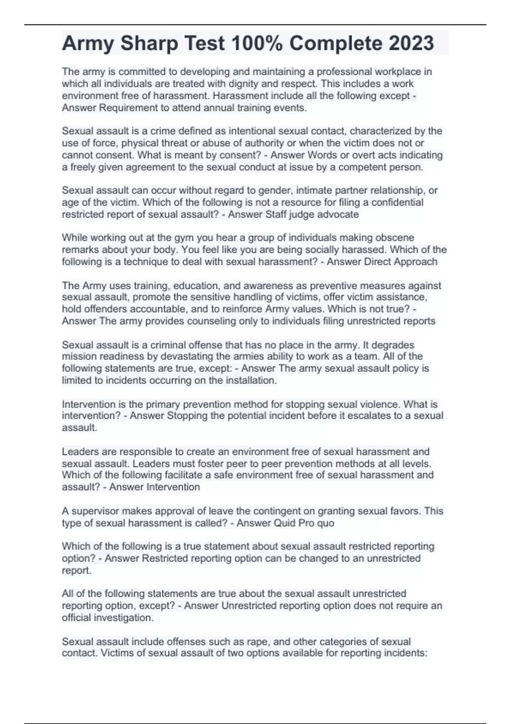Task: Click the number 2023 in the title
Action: pos(411,43)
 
